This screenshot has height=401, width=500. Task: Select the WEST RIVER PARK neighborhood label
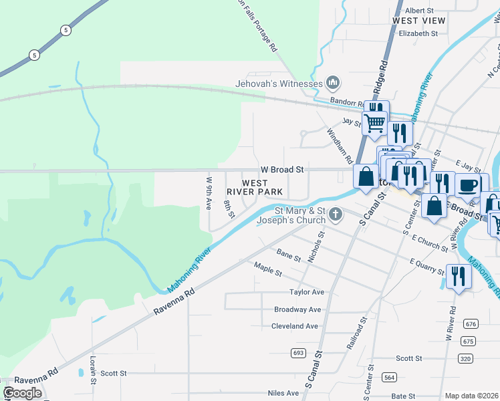point(261,187)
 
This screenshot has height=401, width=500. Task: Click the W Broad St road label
point(282,170)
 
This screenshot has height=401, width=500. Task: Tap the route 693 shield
point(298,352)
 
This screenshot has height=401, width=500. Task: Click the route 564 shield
point(388,377)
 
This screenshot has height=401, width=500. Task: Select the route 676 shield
point(470,324)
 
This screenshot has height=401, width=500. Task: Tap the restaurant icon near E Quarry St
point(457,275)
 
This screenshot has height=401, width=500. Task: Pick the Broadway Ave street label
point(297,309)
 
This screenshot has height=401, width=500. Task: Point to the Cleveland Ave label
point(295,326)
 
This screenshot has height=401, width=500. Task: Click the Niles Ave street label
point(283,393)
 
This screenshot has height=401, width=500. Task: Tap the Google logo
point(23,393)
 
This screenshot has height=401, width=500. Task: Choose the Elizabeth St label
point(418,33)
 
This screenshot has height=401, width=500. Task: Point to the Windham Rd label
point(339,146)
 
